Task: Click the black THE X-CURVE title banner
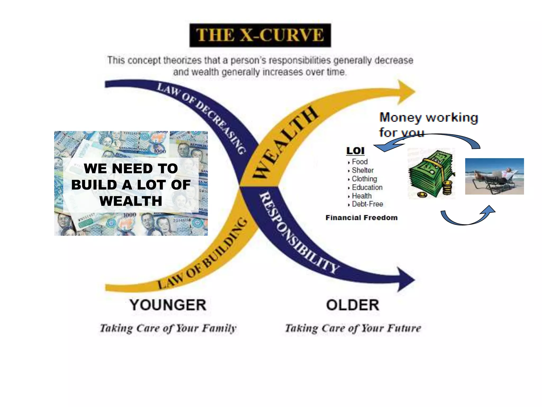point(260,35)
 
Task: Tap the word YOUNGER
point(168,305)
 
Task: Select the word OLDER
point(353,305)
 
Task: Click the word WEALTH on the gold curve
point(284,143)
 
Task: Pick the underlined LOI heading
point(355,151)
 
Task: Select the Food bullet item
point(359,162)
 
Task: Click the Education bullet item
point(367,187)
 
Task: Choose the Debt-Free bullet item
point(367,204)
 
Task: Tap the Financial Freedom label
point(362,218)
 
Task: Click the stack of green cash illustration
point(431,174)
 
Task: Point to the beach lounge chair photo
point(494,176)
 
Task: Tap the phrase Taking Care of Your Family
point(168,328)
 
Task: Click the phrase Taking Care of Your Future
point(353,328)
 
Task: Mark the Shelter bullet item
point(362,170)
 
